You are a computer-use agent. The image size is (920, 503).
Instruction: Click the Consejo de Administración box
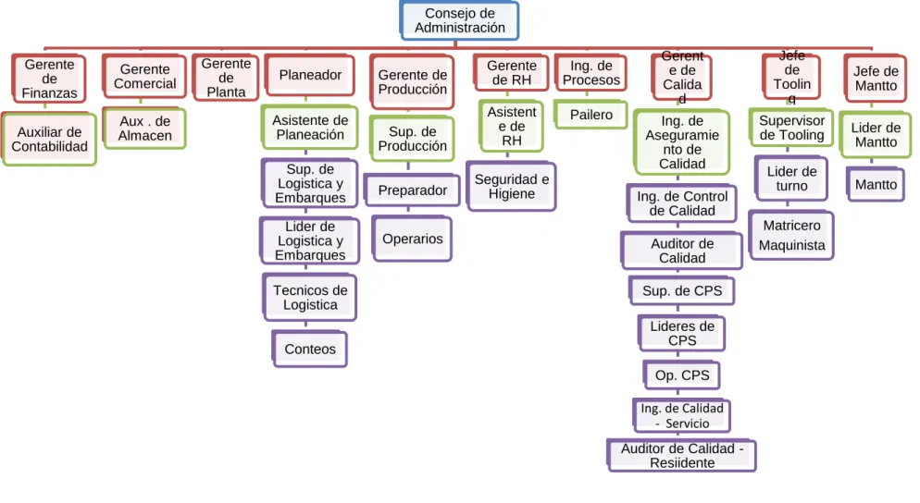pyautogui.click(x=459, y=20)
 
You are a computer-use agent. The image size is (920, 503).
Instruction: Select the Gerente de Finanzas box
pyautogui.click(x=49, y=79)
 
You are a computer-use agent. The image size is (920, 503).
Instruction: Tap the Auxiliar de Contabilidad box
pyautogui.click(x=49, y=140)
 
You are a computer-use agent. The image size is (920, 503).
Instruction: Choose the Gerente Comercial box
pyautogui.click(x=145, y=76)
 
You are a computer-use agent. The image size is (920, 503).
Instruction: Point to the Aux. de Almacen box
pyautogui.click(x=145, y=129)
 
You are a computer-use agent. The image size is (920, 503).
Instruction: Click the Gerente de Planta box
pyautogui.click(x=226, y=78)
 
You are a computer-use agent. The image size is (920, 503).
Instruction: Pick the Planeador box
pyautogui.click(x=310, y=75)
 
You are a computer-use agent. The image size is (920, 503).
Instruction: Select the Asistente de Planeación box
pyautogui.click(x=310, y=128)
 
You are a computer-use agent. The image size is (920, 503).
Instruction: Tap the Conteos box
pyautogui.click(x=310, y=349)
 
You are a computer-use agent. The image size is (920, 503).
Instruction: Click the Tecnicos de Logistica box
pyautogui.click(x=310, y=297)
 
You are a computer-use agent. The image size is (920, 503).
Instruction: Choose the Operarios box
pyautogui.click(x=413, y=239)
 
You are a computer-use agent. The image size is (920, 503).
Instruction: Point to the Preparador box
pyautogui.click(x=413, y=190)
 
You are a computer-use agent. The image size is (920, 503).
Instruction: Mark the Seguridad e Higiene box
pyautogui.click(x=512, y=187)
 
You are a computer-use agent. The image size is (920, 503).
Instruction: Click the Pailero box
pyautogui.click(x=591, y=115)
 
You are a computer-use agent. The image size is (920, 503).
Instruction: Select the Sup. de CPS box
pyautogui.click(x=682, y=290)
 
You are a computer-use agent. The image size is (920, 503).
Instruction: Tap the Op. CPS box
pyautogui.click(x=682, y=375)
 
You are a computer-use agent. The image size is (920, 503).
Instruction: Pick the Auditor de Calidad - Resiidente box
pyautogui.click(x=682, y=456)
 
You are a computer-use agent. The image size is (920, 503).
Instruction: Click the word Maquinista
pyautogui.click(x=791, y=245)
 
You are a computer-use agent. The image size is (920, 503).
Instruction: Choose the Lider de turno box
pyautogui.click(x=791, y=178)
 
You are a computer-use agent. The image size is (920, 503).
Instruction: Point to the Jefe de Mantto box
pyautogui.click(x=876, y=78)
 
